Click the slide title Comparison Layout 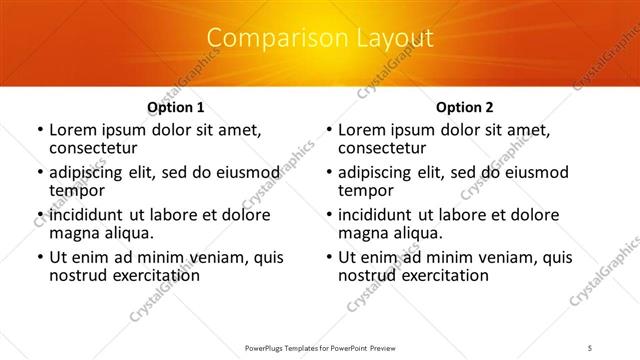pyautogui.click(x=319, y=38)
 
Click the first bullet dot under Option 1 pyautogui.click(x=39, y=131)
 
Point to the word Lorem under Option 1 pyautogui.click(x=73, y=130)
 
